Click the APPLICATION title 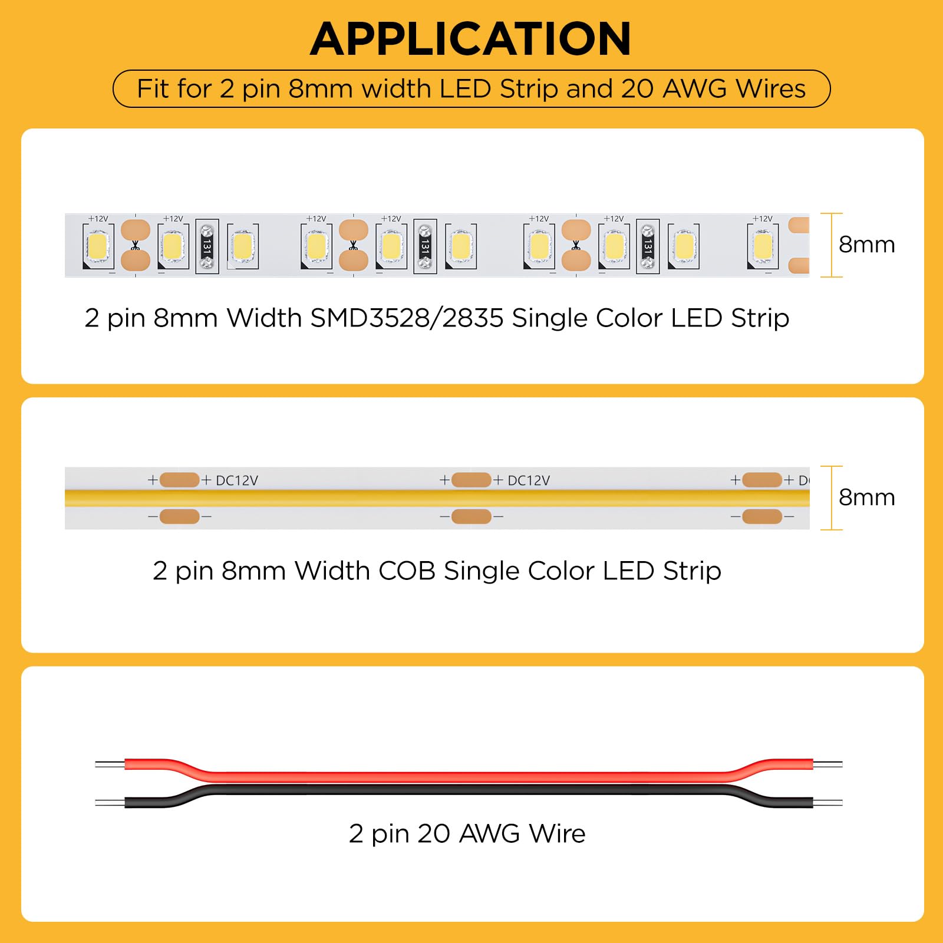[471, 39]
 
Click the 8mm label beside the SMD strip [866, 244]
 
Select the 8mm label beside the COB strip [866, 497]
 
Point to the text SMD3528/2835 [407, 318]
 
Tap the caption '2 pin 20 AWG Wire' [467, 833]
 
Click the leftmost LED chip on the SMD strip [98, 246]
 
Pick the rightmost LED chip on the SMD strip [763, 246]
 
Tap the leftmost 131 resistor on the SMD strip [207, 246]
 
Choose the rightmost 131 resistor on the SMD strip [648, 246]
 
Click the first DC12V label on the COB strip [237, 480]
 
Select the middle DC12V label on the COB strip [529, 480]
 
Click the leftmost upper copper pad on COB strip [180, 480]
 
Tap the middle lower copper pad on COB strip [471, 516]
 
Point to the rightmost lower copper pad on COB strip [762, 516]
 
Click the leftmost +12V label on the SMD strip [98, 219]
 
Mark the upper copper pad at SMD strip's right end [799, 225]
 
